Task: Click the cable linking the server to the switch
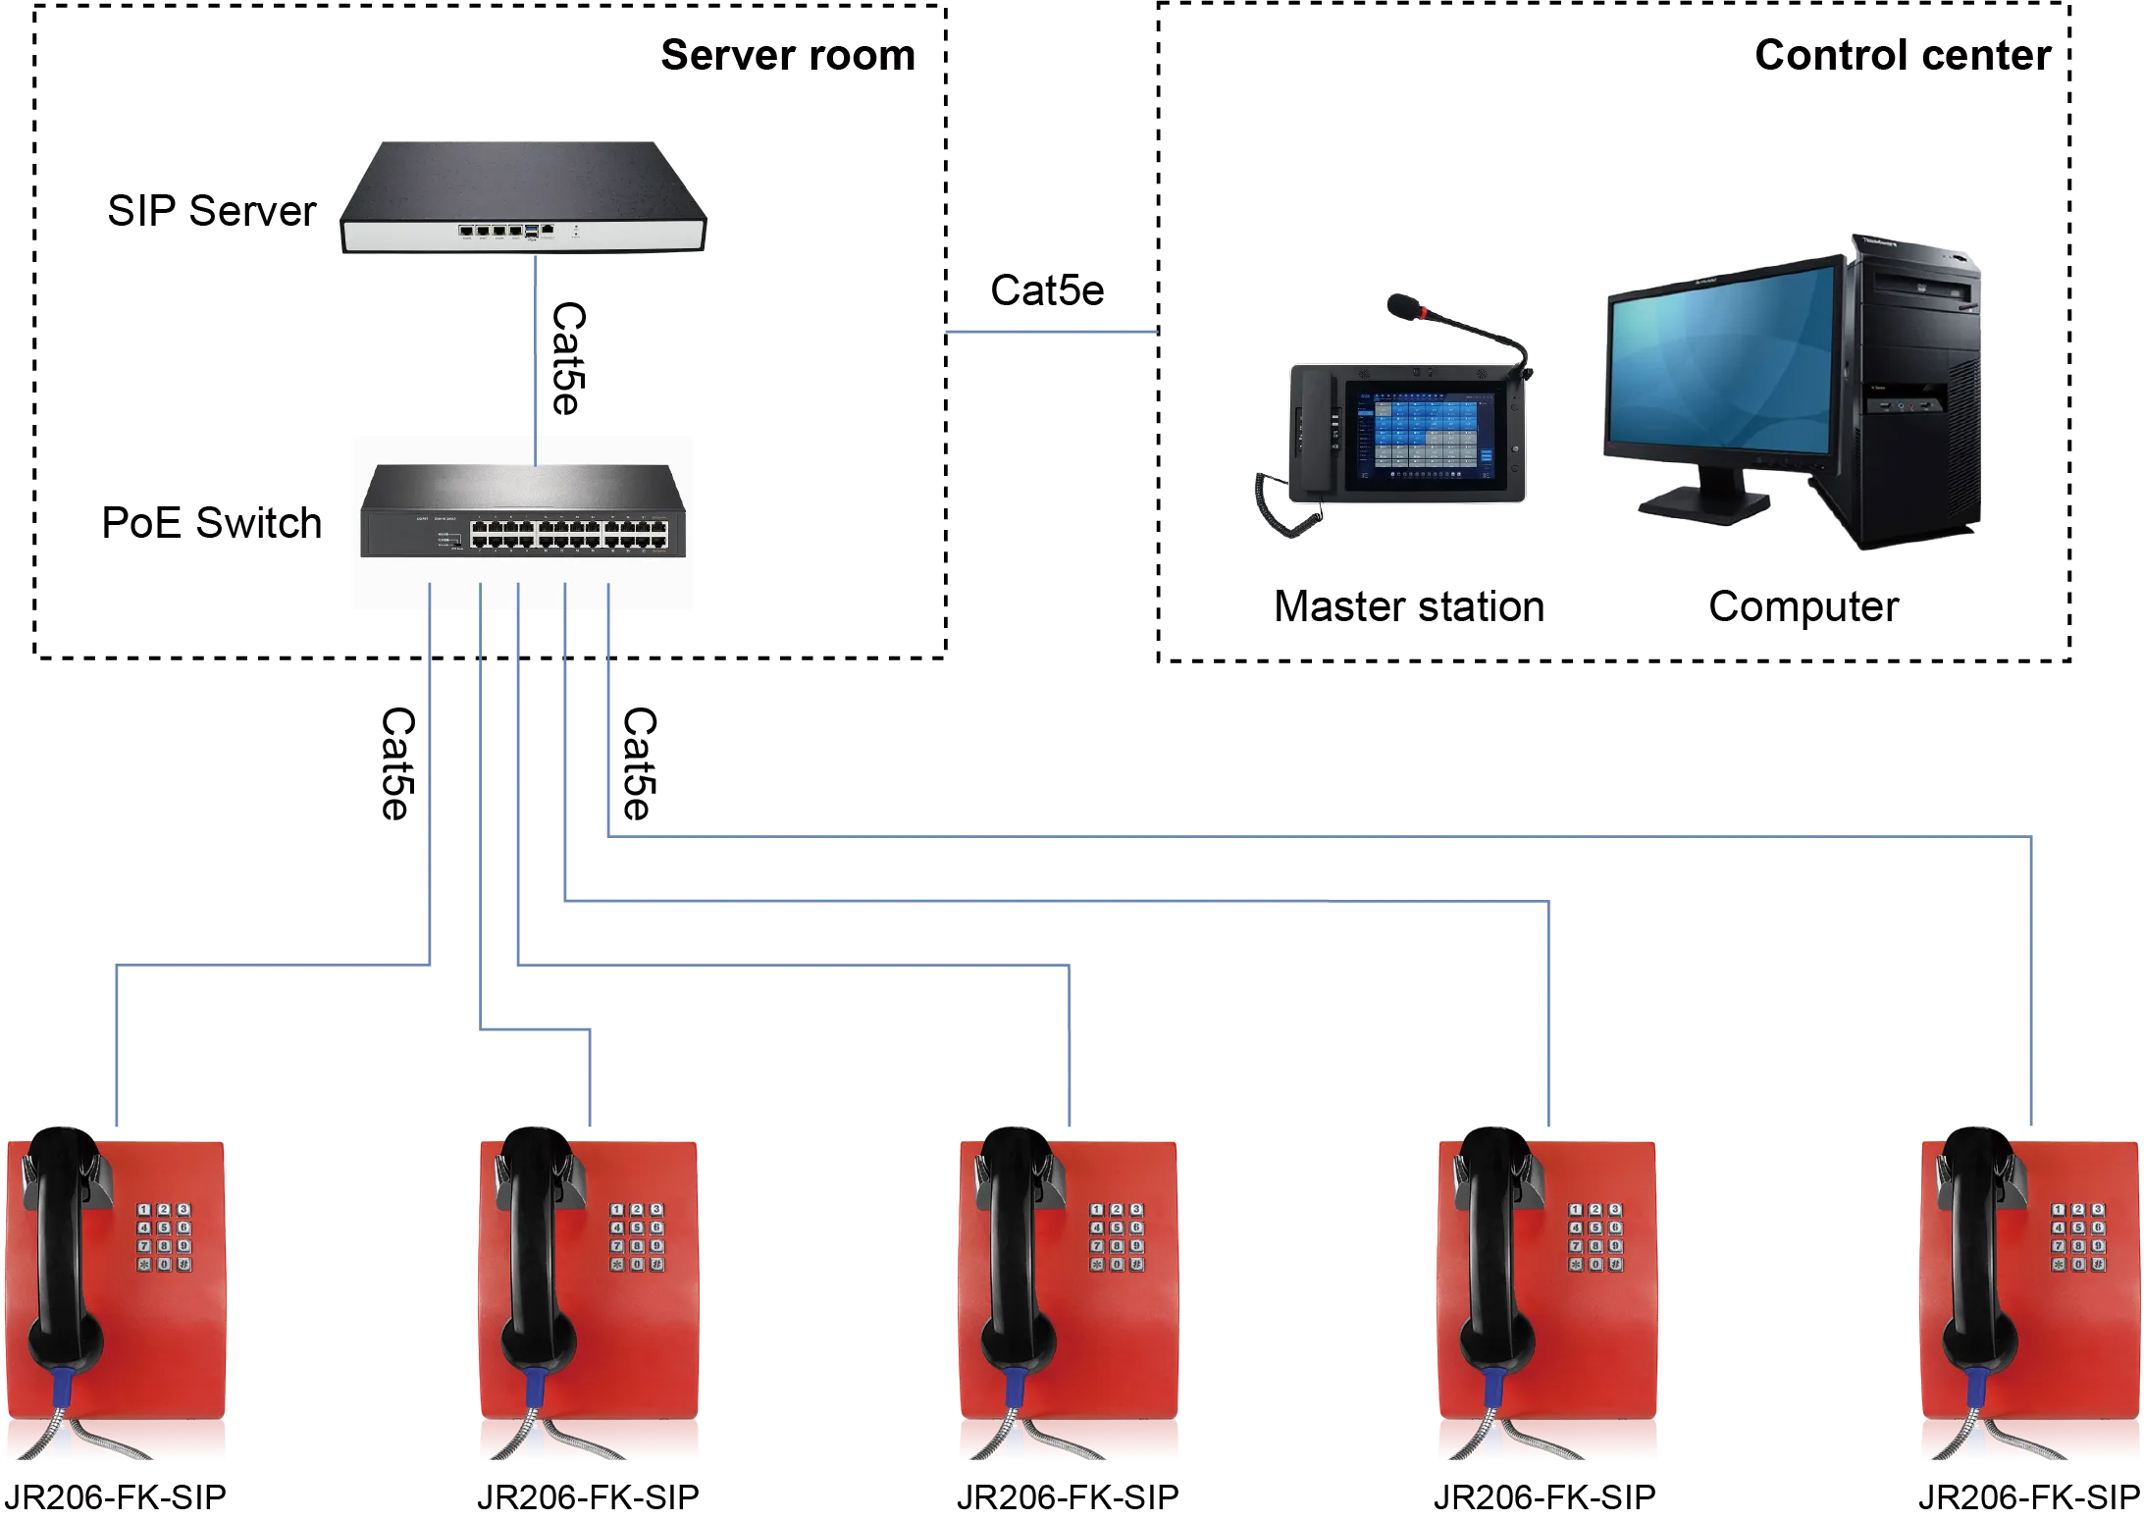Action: click(537, 343)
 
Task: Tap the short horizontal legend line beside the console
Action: click(1051, 335)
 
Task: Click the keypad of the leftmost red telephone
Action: click(163, 1237)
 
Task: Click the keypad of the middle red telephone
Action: click(1117, 1237)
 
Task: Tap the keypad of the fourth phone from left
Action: click(1595, 1237)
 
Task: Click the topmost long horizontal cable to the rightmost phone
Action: click(1315, 836)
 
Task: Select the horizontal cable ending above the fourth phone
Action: click(1060, 898)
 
